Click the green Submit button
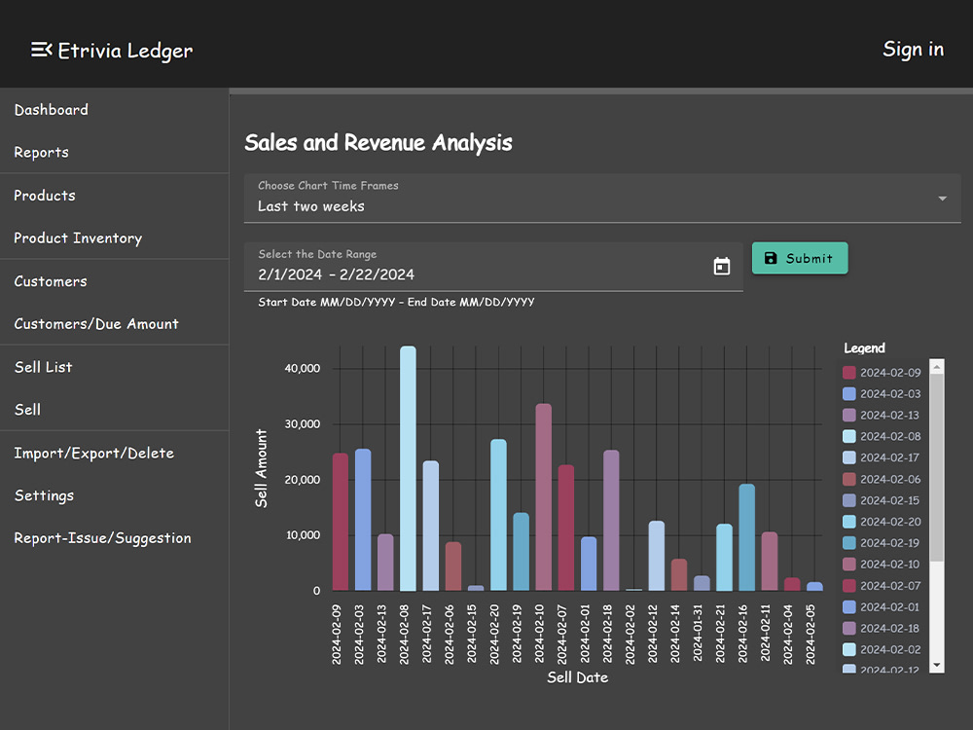[x=800, y=258]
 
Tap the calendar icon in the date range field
[x=722, y=267]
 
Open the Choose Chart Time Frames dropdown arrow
[x=943, y=199]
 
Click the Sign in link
[x=913, y=49]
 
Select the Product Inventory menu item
[x=78, y=238]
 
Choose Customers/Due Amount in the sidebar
[x=96, y=324]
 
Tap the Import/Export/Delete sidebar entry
[x=93, y=454]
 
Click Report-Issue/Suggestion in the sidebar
[x=102, y=538]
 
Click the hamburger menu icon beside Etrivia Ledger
[x=42, y=50]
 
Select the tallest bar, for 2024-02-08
[x=408, y=469]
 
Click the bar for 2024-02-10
[x=544, y=497]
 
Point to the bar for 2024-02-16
[x=747, y=537]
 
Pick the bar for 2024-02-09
[x=341, y=522]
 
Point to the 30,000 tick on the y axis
[x=303, y=424]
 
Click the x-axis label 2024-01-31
[x=698, y=634]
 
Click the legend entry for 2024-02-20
[x=882, y=522]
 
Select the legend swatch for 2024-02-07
[x=848, y=586]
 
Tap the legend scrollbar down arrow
[x=936, y=666]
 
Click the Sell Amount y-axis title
[x=261, y=469]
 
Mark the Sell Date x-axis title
[x=577, y=677]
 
